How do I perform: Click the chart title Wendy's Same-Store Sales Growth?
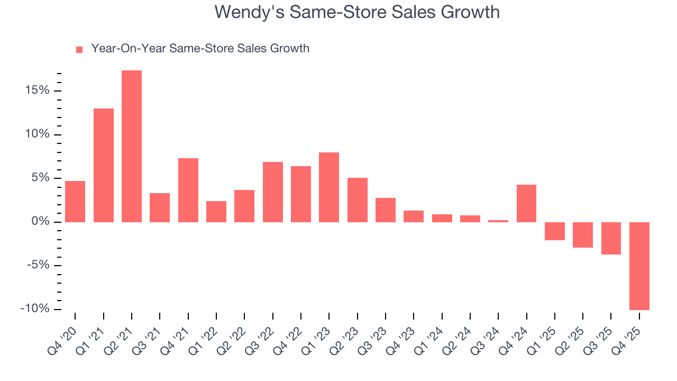pos(357,12)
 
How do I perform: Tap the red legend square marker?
pos(79,49)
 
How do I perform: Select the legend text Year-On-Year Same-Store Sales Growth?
pos(200,49)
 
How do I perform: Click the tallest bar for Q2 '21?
pos(132,146)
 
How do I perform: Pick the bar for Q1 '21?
pos(104,165)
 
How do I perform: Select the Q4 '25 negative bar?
pos(639,266)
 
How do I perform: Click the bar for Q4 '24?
pos(526,203)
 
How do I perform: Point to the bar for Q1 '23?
pos(329,187)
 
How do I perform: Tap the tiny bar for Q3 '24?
pos(498,221)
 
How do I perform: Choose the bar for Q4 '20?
pos(75,202)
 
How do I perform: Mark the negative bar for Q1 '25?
pos(554,231)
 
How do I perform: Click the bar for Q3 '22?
pos(273,192)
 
